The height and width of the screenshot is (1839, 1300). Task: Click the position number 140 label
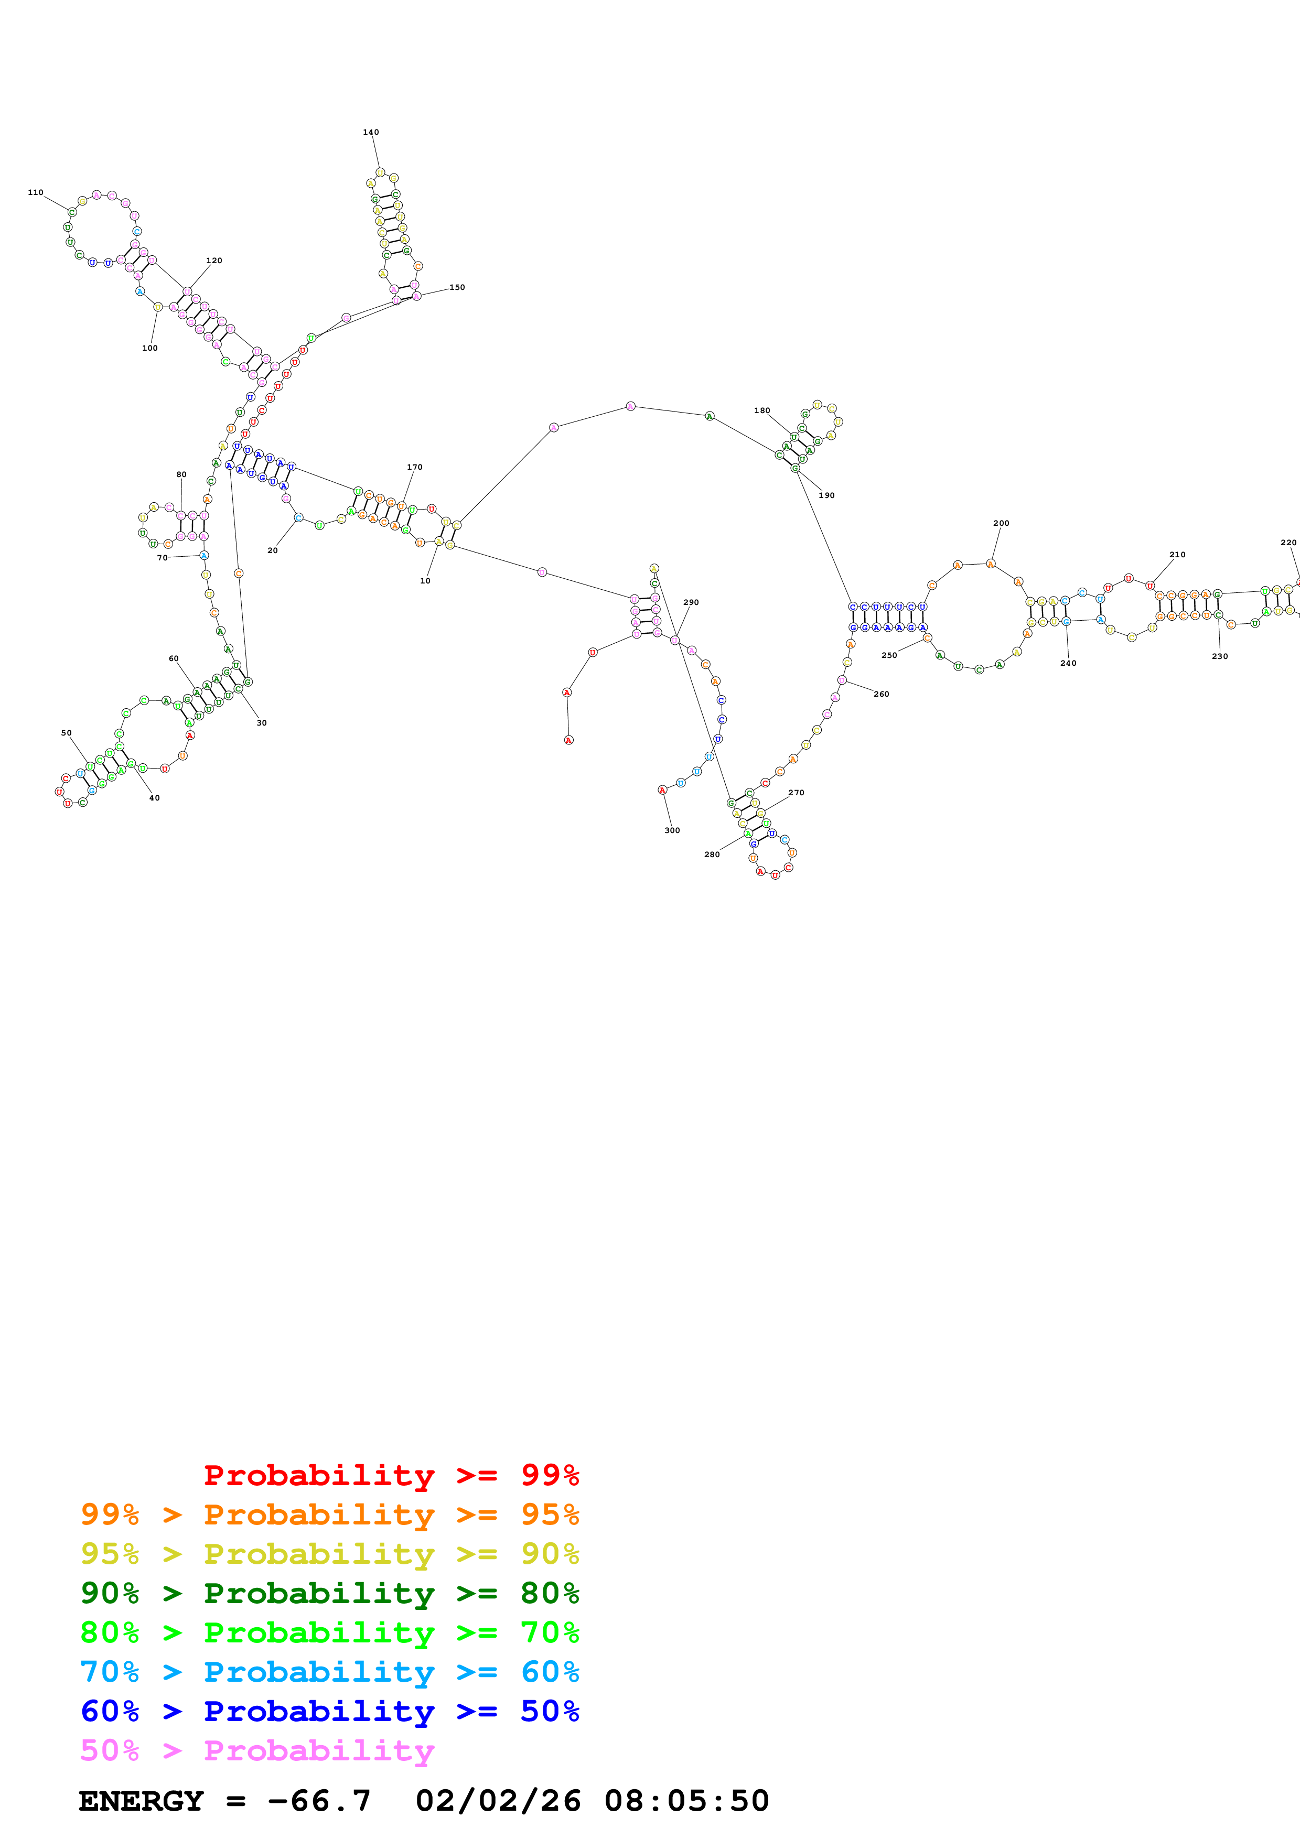coord(371,132)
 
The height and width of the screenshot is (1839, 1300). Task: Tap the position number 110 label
coord(35,192)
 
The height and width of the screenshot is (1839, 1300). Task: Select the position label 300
coord(672,830)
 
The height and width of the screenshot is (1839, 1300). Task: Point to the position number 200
coord(1001,523)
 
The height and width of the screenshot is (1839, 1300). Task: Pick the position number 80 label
coord(181,474)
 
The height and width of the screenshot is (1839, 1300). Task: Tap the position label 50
coord(67,733)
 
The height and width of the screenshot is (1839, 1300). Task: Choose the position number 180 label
coord(762,410)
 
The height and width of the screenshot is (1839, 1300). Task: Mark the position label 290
coord(691,602)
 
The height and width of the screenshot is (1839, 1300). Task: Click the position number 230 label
coord(1220,656)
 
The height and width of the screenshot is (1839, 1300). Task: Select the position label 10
coord(425,581)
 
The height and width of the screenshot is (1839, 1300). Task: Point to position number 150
coord(457,287)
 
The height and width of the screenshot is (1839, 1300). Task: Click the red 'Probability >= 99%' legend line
coord(391,1475)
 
